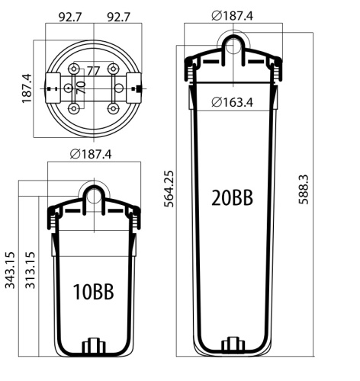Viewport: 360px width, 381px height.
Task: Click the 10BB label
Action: click(93, 292)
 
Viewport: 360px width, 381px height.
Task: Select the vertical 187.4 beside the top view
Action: click(27, 88)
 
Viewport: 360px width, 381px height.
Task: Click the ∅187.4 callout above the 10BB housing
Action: click(91, 155)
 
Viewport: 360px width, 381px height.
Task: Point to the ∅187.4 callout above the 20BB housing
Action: click(234, 15)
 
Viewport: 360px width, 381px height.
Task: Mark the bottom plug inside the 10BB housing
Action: click(93, 347)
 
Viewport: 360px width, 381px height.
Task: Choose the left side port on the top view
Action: click(52, 88)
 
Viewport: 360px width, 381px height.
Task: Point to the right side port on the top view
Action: click(137, 88)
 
